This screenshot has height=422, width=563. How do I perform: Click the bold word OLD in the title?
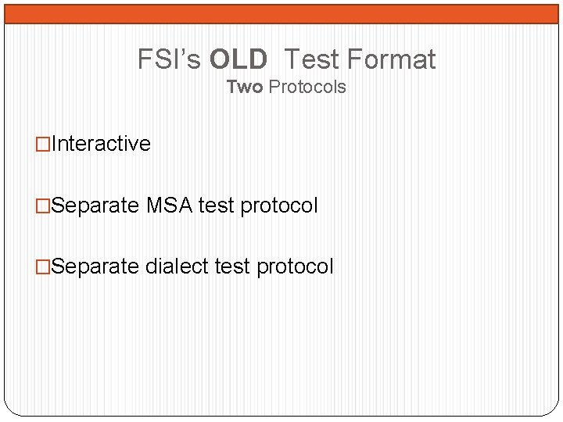(x=238, y=59)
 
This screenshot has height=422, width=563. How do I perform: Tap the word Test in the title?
(x=310, y=59)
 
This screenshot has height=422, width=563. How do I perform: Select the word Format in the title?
(x=390, y=59)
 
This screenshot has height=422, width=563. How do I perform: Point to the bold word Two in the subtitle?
(x=245, y=87)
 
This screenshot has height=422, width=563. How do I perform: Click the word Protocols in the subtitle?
(x=307, y=87)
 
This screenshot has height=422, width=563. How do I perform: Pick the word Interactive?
(x=101, y=144)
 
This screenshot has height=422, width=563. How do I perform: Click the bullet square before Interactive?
(x=44, y=144)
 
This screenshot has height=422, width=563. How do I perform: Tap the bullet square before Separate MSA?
(x=44, y=206)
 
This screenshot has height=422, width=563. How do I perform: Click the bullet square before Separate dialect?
(x=44, y=266)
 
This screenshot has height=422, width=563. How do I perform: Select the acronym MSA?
(x=170, y=206)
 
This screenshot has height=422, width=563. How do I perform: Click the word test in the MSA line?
(x=217, y=206)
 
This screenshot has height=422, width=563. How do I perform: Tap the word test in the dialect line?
(x=232, y=266)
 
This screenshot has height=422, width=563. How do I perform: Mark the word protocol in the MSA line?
(x=279, y=206)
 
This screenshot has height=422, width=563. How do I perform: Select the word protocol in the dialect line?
(x=295, y=267)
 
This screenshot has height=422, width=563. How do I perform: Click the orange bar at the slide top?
(x=281, y=13)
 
